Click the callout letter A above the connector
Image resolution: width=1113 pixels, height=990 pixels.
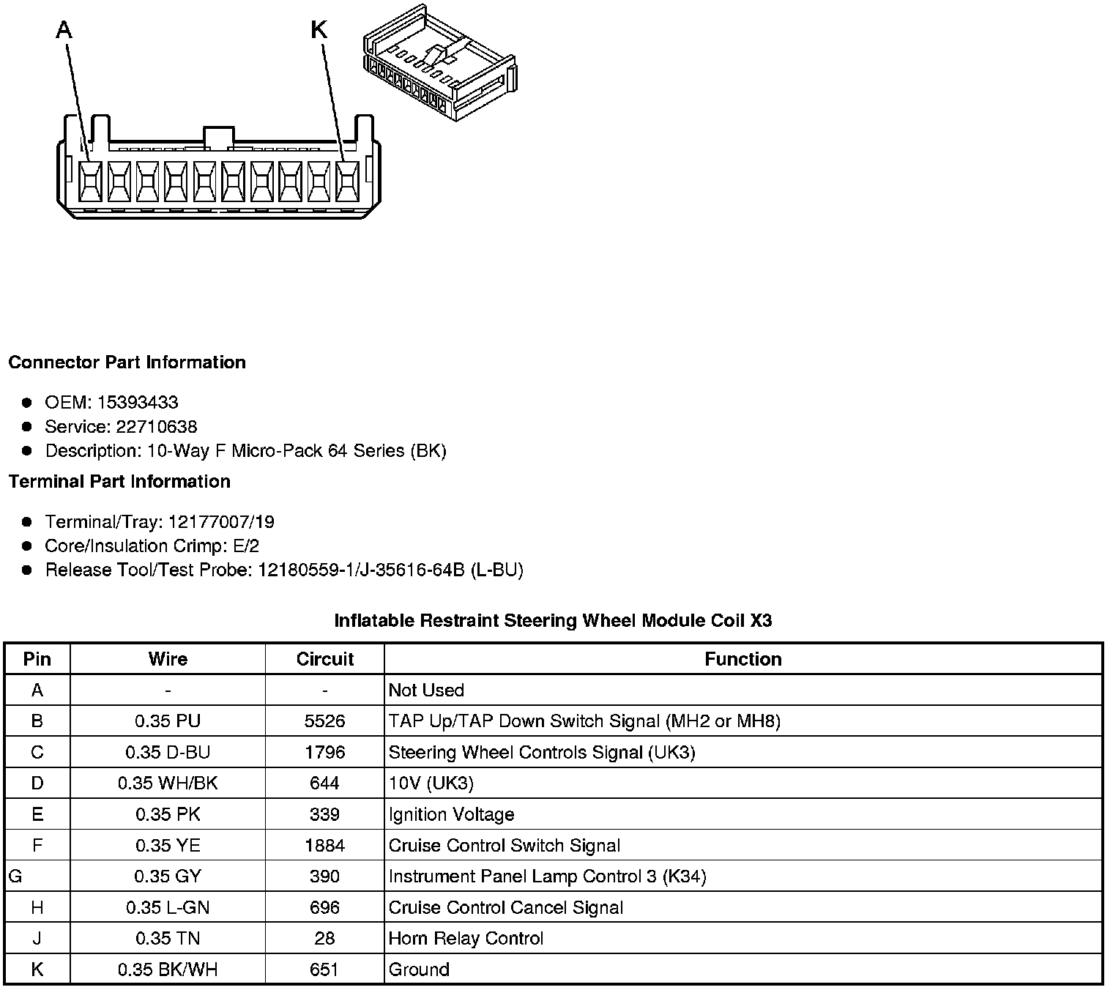tap(64, 30)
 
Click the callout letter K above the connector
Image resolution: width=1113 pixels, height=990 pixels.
tap(319, 30)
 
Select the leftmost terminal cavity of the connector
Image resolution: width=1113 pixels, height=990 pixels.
tap(90, 180)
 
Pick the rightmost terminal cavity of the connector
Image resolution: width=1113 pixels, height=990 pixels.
tap(347, 180)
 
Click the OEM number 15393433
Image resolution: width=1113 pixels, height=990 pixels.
tap(138, 402)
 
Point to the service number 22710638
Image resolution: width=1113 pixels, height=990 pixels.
tap(156, 426)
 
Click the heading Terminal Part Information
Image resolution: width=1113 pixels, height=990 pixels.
tap(119, 481)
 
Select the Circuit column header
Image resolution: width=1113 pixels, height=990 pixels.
tap(324, 659)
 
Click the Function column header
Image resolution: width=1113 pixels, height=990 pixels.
tap(742, 659)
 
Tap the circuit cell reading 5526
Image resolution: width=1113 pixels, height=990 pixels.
tap(324, 721)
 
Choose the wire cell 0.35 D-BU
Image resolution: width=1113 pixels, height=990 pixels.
tap(168, 752)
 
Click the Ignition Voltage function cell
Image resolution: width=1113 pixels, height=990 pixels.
tap(451, 814)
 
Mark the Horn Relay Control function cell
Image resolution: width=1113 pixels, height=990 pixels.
tap(466, 938)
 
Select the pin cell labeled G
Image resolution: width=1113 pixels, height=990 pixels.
tap(15, 876)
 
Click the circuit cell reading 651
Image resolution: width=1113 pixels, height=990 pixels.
tap(324, 969)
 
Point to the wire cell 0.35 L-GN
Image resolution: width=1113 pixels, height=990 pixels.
tap(168, 907)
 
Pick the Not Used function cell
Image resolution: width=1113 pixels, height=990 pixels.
tap(426, 690)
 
